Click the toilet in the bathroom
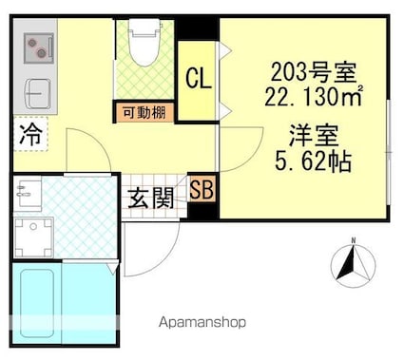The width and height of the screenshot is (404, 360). pyautogui.click(x=144, y=42)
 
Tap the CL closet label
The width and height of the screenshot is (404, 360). pyautogui.click(x=199, y=79)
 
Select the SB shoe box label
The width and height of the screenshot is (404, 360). pyautogui.click(x=202, y=190)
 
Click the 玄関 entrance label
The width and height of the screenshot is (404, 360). pyautogui.click(x=151, y=199)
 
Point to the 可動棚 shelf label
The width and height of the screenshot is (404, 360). pyautogui.click(x=144, y=112)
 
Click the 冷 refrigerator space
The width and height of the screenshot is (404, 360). pyautogui.click(x=30, y=134)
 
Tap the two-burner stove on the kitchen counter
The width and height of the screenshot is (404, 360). pyautogui.click(x=39, y=47)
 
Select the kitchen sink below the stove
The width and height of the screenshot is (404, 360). pyautogui.click(x=38, y=93)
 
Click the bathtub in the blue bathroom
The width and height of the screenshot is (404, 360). pyautogui.click(x=36, y=303)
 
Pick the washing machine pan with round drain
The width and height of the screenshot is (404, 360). pyautogui.click(x=33, y=237)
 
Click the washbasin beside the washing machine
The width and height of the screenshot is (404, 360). pyautogui.click(x=28, y=194)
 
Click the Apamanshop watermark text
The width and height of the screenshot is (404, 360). pyautogui.click(x=202, y=323)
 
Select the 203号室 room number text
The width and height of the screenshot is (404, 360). pyautogui.click(x=314, y=72)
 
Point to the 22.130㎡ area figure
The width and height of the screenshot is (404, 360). pyautogui.click(x=314, y=96)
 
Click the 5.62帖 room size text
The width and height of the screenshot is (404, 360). pyautogui.click(x=314, y=161)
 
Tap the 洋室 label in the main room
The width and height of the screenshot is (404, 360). pyautogui.click(x=314, y=136)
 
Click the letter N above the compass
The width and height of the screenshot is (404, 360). pyautogui.click(x=353, y=240)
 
